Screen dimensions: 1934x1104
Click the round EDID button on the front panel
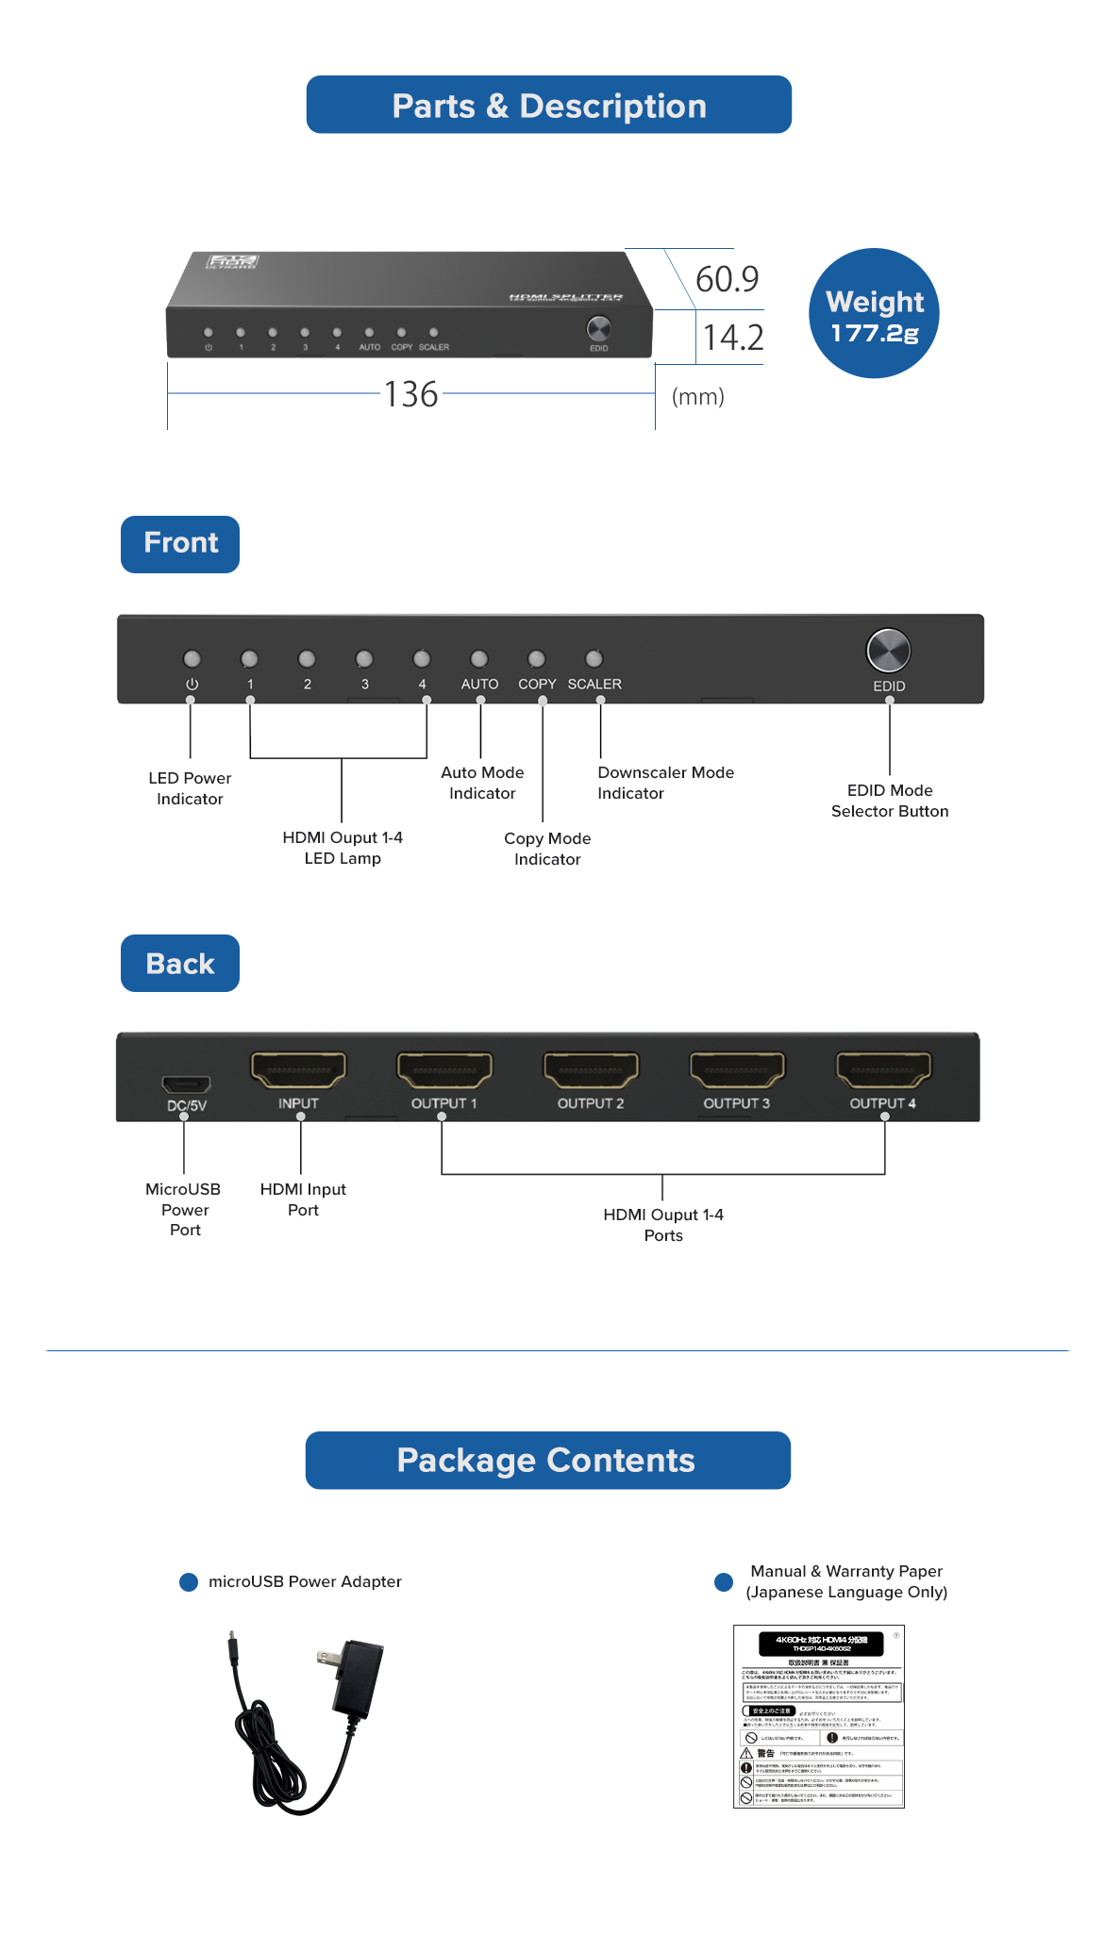point(888,651)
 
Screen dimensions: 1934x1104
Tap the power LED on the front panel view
point(192,658)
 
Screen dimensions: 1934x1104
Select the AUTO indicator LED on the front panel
point(479,658)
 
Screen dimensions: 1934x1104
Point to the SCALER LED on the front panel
point(594,658)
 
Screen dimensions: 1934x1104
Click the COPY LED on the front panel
point(537,658)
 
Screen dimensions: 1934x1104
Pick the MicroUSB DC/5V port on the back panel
point(186,1083)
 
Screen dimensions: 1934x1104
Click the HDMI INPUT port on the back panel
point(298,1070)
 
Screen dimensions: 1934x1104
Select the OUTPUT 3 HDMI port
point(737,1070)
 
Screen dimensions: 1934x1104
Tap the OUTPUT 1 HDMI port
point(444,1070)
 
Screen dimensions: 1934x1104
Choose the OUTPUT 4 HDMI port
point(883,1070)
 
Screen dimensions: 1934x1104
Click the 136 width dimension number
point(411,394)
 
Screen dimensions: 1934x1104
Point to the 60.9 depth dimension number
point(727,279)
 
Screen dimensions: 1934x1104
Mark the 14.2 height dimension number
point(733,338)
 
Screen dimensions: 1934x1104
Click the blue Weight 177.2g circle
point(874,314)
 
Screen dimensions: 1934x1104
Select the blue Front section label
point(180,544)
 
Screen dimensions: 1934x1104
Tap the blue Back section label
point(180,964)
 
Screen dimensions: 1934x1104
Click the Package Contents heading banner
point(547,1461)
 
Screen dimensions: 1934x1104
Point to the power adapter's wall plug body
point(360,1678)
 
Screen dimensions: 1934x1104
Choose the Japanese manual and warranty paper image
point(818,1716)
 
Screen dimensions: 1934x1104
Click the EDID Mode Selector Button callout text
point(890,801)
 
